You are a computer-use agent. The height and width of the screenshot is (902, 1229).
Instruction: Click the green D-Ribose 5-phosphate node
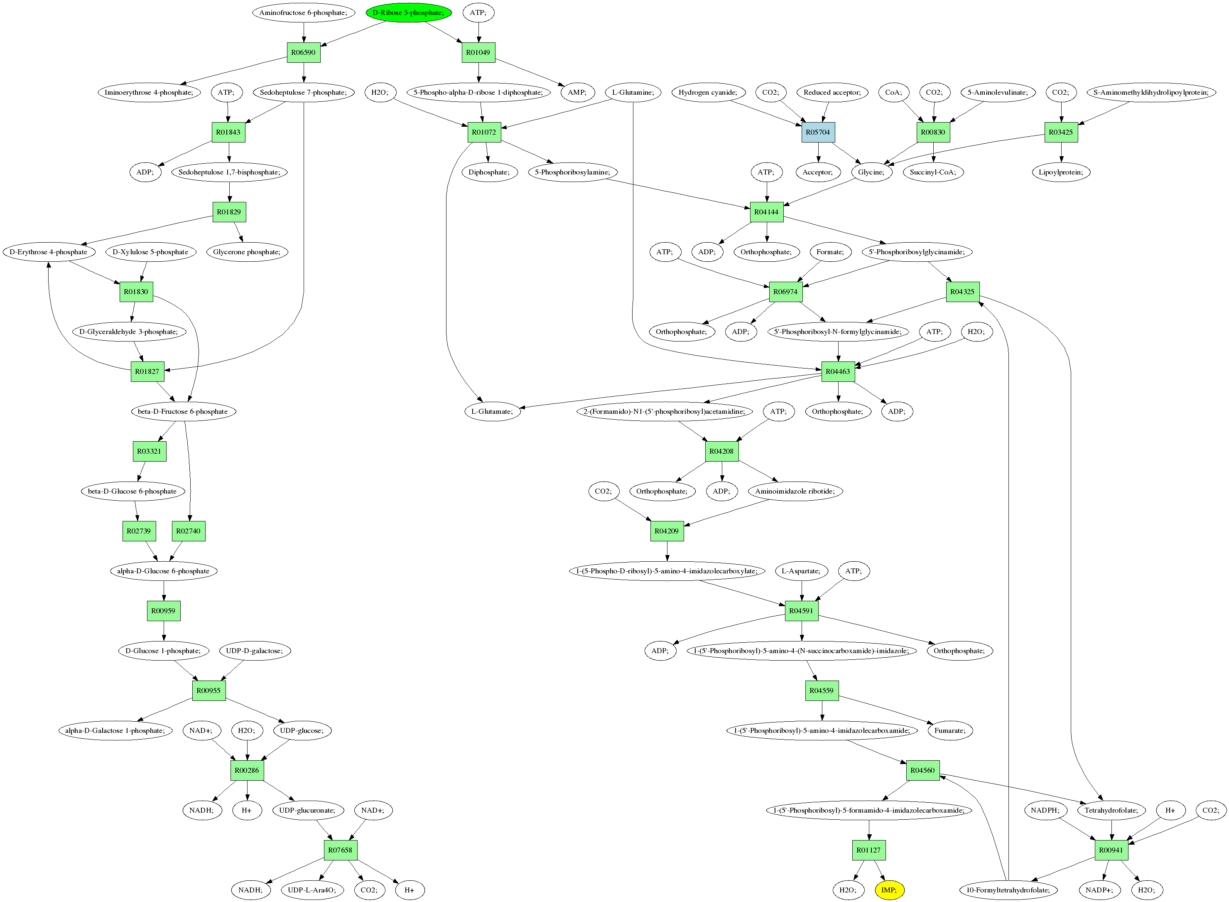coord(408,12)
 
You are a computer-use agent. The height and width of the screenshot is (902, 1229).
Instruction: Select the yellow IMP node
coord(889,890)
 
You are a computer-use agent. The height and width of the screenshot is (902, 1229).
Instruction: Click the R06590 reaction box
coord(304,52)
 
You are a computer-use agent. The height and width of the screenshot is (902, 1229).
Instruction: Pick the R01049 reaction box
coord(478,52)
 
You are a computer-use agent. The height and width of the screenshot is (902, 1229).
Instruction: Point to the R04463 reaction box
coord(838,371)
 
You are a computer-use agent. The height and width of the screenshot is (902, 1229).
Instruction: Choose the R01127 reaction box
coord(868,850)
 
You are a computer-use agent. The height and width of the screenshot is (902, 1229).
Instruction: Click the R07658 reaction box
coord(340,850)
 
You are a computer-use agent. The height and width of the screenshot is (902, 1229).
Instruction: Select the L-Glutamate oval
coord(492,411)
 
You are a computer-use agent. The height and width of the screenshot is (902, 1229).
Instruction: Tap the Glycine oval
coord(871,172)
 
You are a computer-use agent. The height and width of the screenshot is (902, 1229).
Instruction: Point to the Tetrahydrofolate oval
coord(1111,810)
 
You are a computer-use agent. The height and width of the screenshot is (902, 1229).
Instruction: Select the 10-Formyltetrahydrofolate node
coord(1008,890)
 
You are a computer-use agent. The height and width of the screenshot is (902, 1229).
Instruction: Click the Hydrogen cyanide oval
coord(708,92)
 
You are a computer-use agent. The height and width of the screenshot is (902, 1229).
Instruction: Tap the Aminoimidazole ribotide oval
coord(795,491)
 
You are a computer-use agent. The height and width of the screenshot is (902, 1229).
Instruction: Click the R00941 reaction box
coord(1111,850)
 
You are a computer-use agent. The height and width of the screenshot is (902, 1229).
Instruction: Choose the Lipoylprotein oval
coord(1061,172)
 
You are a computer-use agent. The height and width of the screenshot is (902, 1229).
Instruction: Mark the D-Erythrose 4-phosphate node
coord(49,252)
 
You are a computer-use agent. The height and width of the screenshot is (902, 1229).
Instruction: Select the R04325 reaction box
coord(962,292)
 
